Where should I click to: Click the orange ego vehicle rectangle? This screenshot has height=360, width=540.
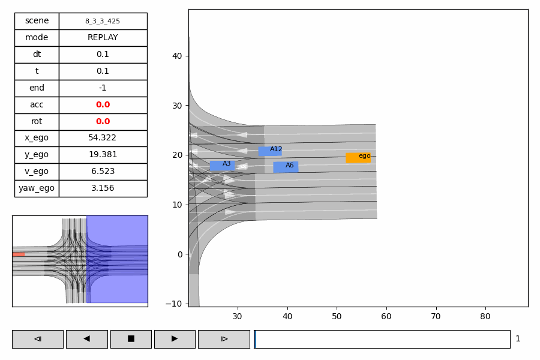358,158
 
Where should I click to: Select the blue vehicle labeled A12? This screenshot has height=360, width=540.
270,151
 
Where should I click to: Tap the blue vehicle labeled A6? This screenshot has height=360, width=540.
286,167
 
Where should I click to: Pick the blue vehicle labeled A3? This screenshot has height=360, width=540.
222,166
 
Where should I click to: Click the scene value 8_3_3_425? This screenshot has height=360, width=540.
103,21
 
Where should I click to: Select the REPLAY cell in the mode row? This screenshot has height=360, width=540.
103,38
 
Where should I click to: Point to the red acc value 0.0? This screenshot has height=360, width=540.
103,105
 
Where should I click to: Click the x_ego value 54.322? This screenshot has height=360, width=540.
103,138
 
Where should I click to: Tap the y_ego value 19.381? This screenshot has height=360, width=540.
103,155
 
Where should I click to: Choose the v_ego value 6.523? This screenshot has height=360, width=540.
103,172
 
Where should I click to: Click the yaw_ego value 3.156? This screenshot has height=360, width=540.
103,188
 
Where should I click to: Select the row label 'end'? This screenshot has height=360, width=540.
37,88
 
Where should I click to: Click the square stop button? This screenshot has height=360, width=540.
131,339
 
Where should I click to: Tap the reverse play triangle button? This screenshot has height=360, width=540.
86,339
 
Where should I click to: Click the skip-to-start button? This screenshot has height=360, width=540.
37,339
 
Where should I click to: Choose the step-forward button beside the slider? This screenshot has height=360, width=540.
224,339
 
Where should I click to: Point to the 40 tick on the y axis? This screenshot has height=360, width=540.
178,56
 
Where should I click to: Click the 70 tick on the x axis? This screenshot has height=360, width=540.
436,316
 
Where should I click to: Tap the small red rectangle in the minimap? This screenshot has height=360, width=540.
19,254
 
